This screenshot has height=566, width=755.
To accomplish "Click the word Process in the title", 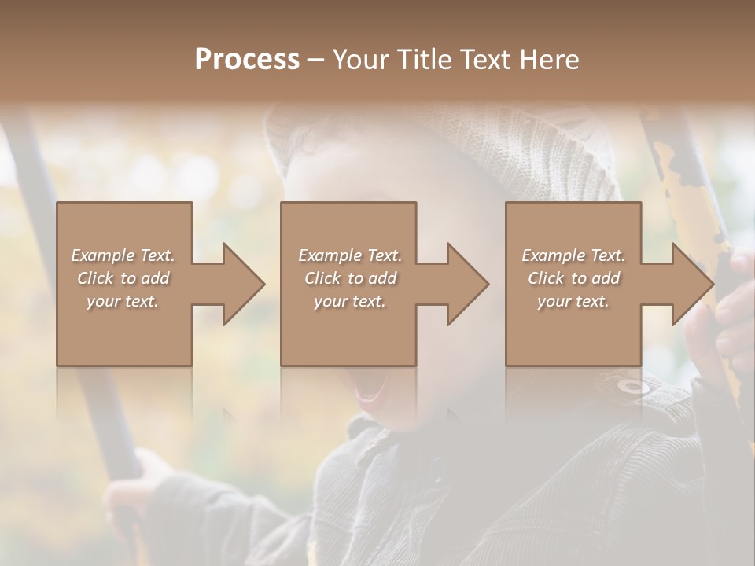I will click(x=247, y=60).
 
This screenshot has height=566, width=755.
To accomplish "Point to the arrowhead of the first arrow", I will click(x=244, y=284).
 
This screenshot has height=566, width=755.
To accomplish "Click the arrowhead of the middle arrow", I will click(x=468, y=284).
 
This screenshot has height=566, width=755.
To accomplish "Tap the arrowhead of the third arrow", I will click(x=693, y=284).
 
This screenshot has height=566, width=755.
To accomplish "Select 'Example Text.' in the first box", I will click(x=123, y=255).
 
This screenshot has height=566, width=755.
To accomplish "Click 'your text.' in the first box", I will click(x=123, y=301).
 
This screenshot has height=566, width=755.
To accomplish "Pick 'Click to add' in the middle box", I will click(x=349, y=278).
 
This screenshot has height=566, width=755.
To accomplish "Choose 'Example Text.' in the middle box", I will click(x=349, y=255).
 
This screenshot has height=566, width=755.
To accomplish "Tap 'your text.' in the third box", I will click(x=573, y=301).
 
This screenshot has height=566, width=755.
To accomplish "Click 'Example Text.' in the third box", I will click(x=573, y=255).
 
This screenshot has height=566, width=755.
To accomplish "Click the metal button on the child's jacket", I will click(x=633, y=386).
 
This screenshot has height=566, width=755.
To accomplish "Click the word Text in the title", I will click(x=485, y=60).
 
